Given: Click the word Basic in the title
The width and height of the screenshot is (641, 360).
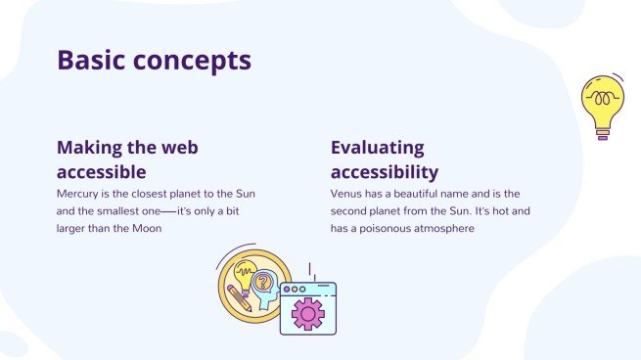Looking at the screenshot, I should (93, 61).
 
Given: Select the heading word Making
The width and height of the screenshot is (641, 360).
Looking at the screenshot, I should (95, 148).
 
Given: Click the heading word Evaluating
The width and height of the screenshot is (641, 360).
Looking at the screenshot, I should (377, 148).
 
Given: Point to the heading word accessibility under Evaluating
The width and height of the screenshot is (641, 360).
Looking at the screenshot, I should (384, 172).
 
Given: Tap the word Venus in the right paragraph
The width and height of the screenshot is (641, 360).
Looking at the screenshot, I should (346, 194).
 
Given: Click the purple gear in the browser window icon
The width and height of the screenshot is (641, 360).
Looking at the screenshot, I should (307, 314).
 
